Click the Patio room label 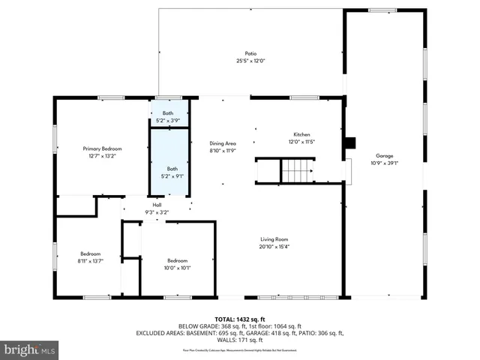[250, 53]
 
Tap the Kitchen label [301, 134]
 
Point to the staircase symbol [297, 170]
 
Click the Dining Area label [223, 142]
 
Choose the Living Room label [274, 239]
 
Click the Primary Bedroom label [102, 149]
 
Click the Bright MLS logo [29, 349]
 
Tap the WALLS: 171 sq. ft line [239, 340]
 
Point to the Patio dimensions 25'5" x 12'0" [250, 61]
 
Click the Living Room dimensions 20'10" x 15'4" [274, 247]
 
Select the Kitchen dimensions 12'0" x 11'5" [301, 142]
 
